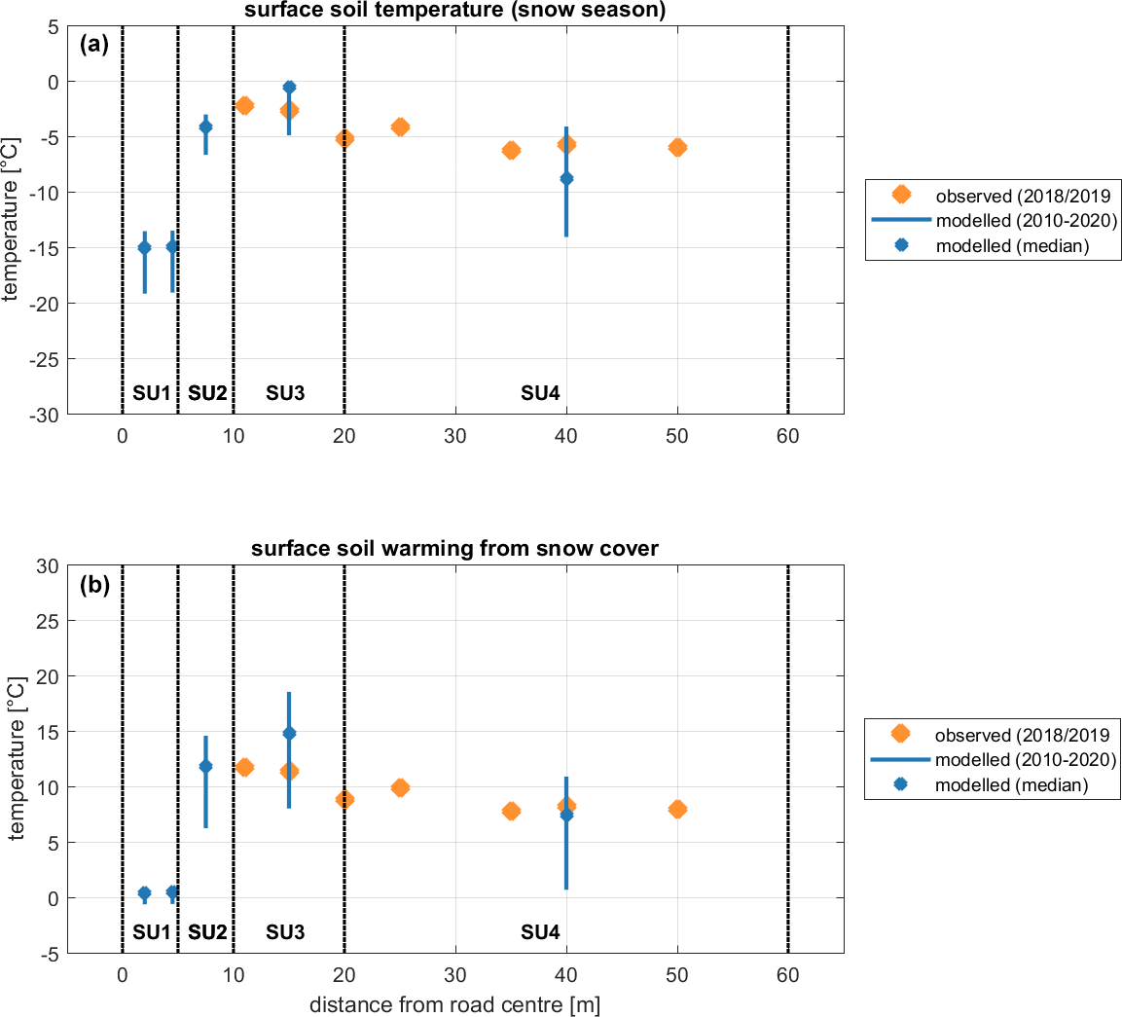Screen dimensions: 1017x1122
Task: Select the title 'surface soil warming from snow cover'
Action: click(454, 549)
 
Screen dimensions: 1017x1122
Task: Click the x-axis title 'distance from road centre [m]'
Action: click(454, 1004)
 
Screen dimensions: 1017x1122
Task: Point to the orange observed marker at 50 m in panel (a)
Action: click(677, 147)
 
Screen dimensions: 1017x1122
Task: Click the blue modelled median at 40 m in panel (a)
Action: click(566, 178)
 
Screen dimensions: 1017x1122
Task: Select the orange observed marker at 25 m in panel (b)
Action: click(400, 787)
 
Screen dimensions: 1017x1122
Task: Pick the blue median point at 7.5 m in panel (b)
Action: click(205, 766)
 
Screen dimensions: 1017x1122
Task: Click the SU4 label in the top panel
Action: click(540, 393)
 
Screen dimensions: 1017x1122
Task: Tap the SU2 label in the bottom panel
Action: click(207, 932)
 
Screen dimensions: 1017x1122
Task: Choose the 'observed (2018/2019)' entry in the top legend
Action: click(1022, 195)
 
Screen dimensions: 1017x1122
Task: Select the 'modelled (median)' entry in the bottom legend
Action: click(1012, 784)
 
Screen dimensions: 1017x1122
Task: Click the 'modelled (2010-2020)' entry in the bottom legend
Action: click(1025, 759)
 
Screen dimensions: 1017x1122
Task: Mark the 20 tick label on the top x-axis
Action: click(344, 436)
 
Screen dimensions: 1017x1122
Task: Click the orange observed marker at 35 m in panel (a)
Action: click(511, 150)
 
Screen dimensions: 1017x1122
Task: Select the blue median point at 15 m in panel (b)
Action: click(289, 733)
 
